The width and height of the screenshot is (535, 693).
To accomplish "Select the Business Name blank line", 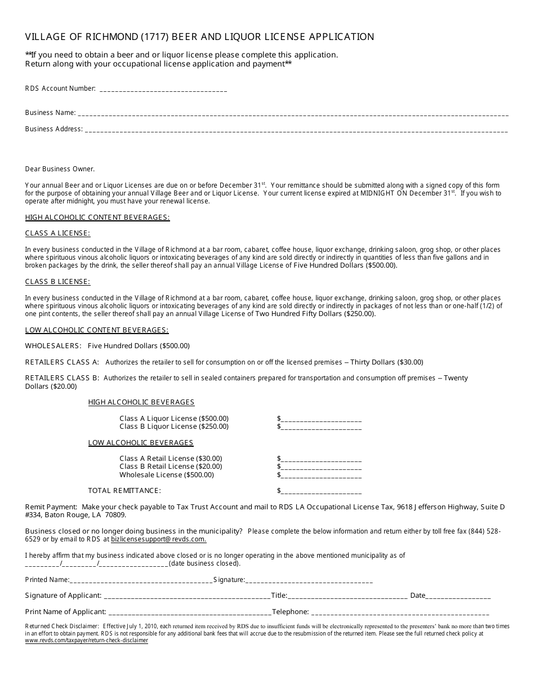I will pos(293,113).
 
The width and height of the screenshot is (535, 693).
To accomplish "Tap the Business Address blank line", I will pos(296,130).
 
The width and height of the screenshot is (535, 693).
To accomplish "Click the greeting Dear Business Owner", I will pos(60,169).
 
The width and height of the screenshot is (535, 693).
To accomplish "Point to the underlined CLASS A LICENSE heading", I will pos(57,233).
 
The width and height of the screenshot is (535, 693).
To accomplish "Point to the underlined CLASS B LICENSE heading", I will pos(57,282).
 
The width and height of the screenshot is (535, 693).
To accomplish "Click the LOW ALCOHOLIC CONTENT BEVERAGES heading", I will pos(97,330).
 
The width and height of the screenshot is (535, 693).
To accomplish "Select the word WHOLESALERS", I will pos(53,346).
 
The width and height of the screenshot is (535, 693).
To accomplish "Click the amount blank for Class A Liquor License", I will pos(320,419).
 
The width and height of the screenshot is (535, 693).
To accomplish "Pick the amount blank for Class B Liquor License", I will pos(320,427).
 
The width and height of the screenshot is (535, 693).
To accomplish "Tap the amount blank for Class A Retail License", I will pos(320,459).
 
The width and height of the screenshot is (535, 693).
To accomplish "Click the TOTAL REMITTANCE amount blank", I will pos(320,491).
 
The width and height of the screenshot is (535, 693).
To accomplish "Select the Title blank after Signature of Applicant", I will pos(347,596).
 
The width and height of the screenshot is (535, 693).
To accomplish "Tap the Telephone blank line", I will pos(400,612).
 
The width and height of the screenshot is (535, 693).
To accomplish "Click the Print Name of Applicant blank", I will pos(189,612).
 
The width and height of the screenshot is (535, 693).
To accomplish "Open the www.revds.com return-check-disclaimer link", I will pos(86,641).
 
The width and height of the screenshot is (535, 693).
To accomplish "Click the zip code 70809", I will pos(114,515).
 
